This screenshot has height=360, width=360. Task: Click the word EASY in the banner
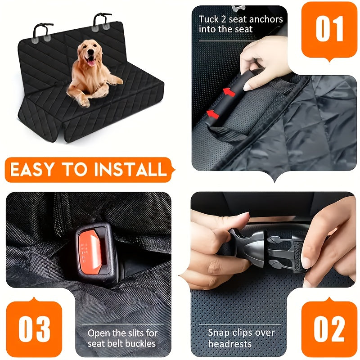click(x=32, y=170)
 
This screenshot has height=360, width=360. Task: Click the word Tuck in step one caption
click(x=209, y=19)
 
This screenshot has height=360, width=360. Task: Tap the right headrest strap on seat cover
click(x=102, y=21)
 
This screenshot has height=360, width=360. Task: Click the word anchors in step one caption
click(x=265, y=19)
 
